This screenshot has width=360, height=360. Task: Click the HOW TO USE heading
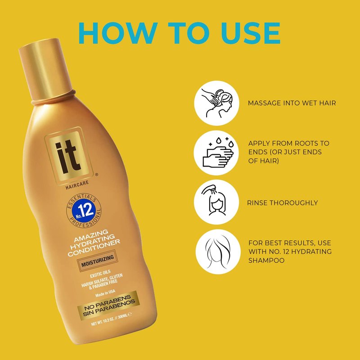click(179, 33)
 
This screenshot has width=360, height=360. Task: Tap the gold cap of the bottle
click(46, 69)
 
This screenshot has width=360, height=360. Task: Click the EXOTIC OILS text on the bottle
click(100, 274)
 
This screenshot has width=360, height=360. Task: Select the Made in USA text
click(105, 293)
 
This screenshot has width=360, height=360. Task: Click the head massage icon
click(216, 103)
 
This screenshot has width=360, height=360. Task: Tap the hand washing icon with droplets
click(216, 153)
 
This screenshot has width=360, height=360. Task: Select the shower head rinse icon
click(216, 202)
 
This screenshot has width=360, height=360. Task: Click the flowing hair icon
click(218, 252)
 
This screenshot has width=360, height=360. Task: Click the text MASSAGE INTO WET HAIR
click(292, 103)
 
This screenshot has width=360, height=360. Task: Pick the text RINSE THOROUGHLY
click(283, 203)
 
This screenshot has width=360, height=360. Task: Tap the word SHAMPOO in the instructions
click(266, 261)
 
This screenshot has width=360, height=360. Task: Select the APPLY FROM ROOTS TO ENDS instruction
click(289, 152)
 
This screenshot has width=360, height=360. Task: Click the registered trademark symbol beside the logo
click(96, 175)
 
